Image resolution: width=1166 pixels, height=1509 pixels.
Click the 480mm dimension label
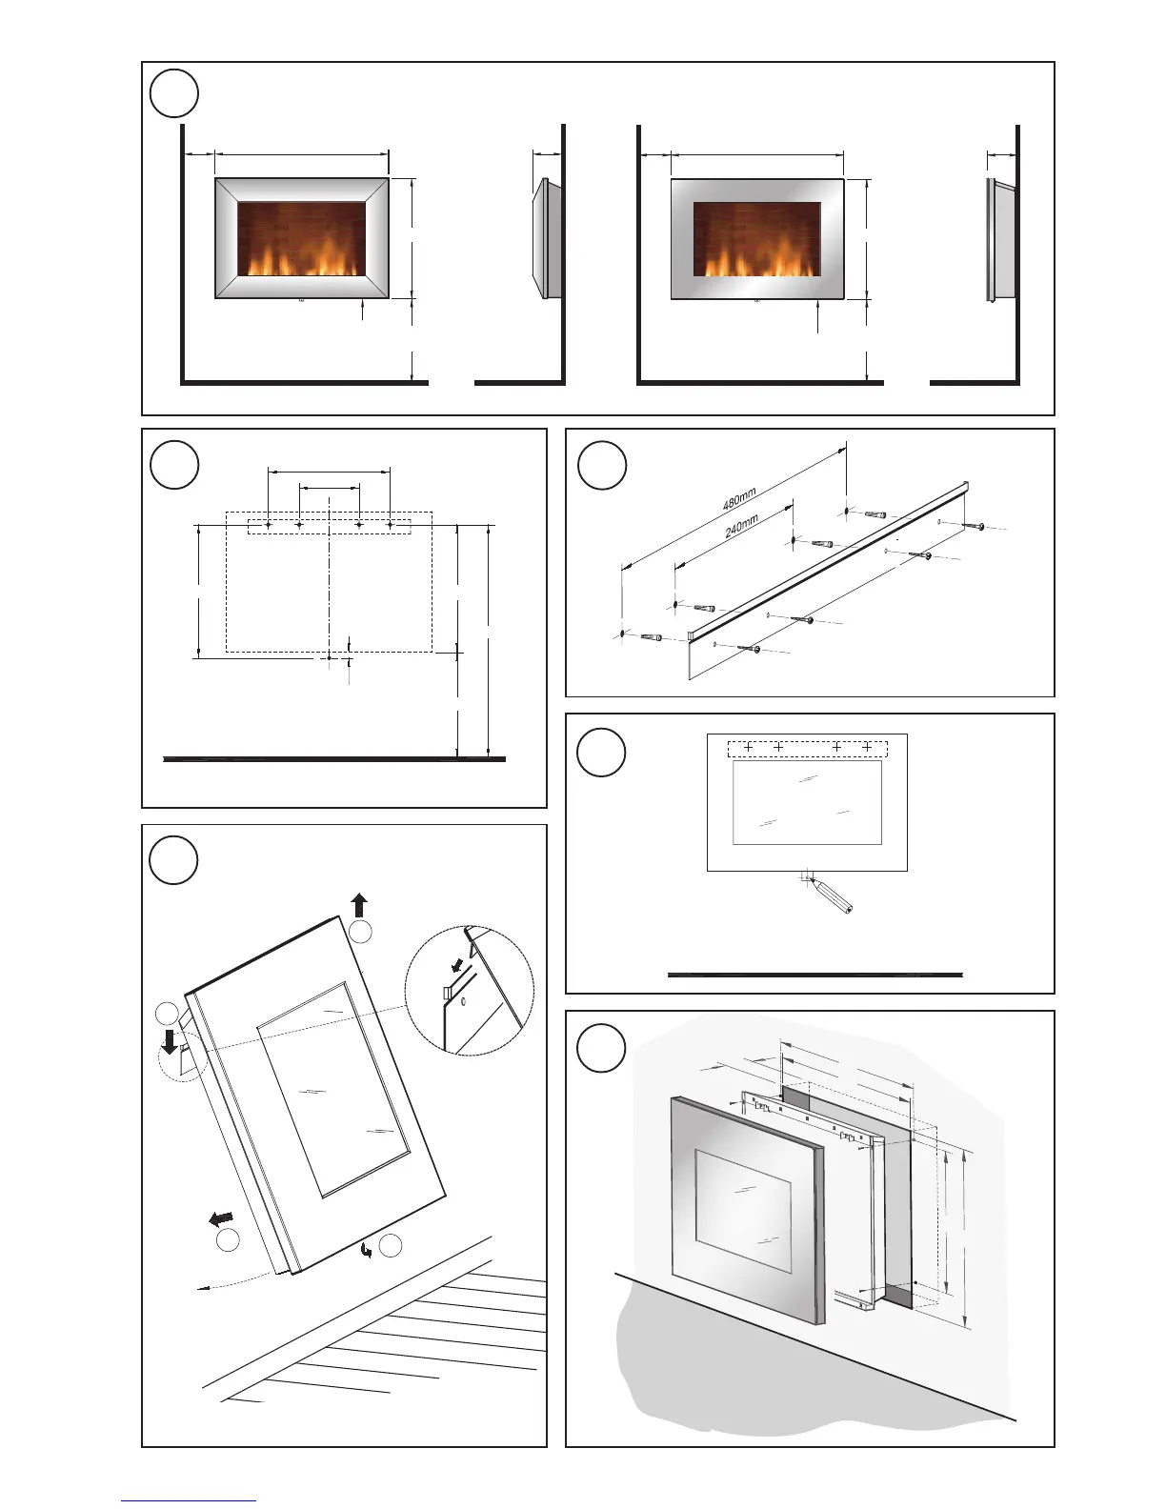point(739,498)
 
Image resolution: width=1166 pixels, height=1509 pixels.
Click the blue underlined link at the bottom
point(188,1501)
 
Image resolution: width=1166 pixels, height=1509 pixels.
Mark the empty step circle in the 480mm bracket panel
point(602,465)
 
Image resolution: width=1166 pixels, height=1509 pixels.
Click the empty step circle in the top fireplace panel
point(174,93)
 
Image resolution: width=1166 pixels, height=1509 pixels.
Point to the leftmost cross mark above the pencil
point(749,748)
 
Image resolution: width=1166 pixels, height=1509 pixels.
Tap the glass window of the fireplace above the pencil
point(806,802)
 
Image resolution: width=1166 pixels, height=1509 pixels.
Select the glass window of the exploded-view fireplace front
point(743,1209)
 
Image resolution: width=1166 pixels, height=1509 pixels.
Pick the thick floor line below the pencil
point(814,975)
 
